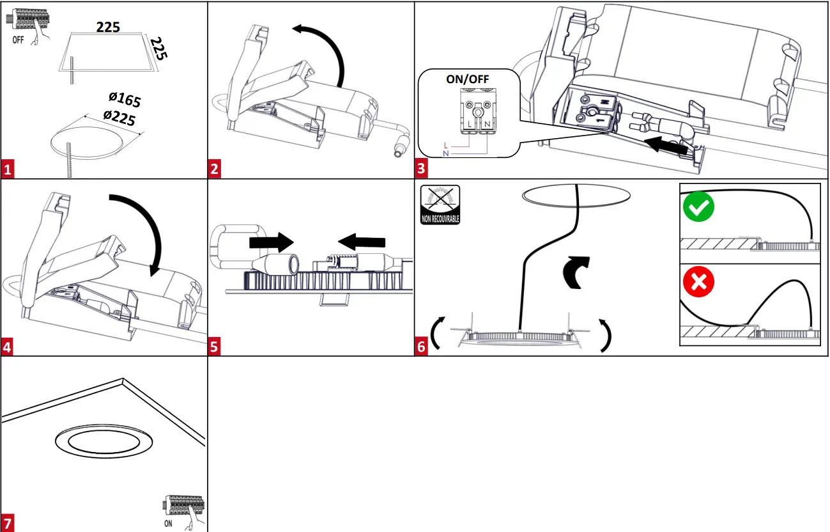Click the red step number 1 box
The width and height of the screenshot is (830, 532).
(x=8, y=170)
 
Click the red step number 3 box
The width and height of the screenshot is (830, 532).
(x=421, y=170)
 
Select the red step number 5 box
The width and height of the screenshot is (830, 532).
(x=215, y=347)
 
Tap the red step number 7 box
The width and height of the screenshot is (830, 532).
(x=8, y=522)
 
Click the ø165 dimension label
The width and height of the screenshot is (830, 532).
(x=125, y=99)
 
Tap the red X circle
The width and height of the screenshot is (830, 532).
(x=698, y=282)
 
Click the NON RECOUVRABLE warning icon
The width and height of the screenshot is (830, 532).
(x=440, y=204)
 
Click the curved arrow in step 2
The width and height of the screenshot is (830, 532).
(x=323, y=51)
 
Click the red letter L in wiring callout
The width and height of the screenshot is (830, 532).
(x=445, y=146)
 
